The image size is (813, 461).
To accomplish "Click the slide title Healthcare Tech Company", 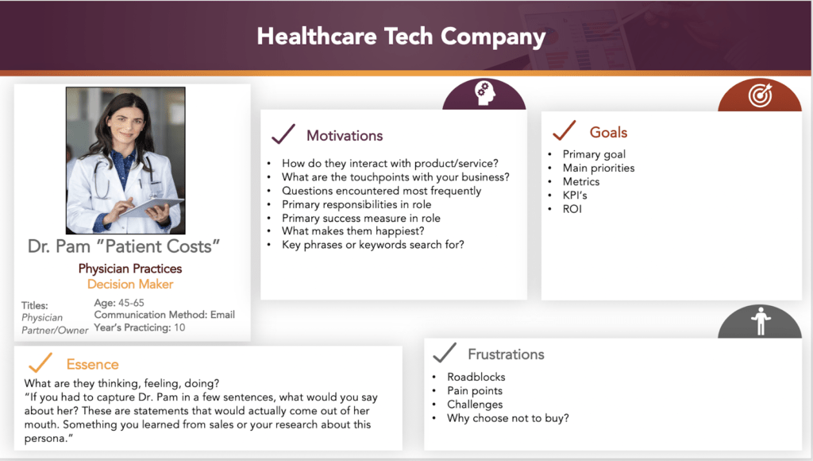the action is pyautogui.click(x=401, y=37).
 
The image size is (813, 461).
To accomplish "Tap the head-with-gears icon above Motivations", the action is pyautogui.click(x=485, y=94).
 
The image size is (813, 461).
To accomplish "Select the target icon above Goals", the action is pyautogui.click(x=760, y=95).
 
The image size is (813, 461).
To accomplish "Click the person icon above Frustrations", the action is pyautogui.click(x=761, y=321).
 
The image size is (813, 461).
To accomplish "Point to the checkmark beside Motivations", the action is pyautogui.click(x=283, y=134).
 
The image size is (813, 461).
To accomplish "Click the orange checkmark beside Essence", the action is pyautogui.click(x=40, y=362).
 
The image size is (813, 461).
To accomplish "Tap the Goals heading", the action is pyautogui.click(x=608, y=133).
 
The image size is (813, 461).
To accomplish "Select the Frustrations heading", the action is pyautogui.click(x=506, y=354).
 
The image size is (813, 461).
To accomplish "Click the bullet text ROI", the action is pyautogui.click(x=572, y=209).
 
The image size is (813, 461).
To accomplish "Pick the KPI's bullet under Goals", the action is pyautogui.click(x=575, y=196).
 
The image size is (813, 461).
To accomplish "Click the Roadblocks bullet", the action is pyautogui.click(x=476, y=377).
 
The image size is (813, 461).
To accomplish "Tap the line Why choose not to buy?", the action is pyautogui.click(x=507, y=418).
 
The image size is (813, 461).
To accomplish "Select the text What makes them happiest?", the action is pyautogui.click(x=353, y=231).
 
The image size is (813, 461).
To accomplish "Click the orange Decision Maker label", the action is pyautogui.click(x=130, y=284).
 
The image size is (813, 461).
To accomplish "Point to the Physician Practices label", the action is pyautogui.click(x=130, y=269).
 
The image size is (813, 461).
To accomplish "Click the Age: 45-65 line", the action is pyautogui.click(x=119, y=303).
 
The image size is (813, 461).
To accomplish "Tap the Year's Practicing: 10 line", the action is pyautogui.click(x=139, y=327).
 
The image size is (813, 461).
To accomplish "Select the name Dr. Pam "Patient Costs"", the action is pyautogui.click(x=124, y=246).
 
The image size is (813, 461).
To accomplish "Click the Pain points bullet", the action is pyautogui.click(x=475, y=391).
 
